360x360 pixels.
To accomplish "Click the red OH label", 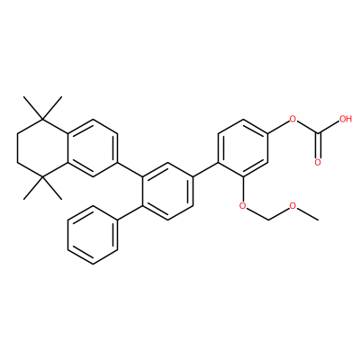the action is [x=345, y=119].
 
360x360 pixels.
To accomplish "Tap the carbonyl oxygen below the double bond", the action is [x=318, y=163].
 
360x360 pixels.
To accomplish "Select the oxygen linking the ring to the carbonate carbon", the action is [x=292, y=120].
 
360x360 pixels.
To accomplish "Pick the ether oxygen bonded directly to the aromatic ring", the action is [x=243, y=206].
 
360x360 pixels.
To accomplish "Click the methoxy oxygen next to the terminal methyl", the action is [x=292, y=206].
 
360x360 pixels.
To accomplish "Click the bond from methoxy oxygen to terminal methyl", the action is [x=308, y=214].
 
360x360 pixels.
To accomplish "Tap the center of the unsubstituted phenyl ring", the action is [x=93, y=235].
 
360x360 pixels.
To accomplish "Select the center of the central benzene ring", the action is [x=168, y=192].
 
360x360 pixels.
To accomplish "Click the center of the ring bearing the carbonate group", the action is [x=243, y=148].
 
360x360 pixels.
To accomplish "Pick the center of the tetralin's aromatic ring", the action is [x=93, y=148].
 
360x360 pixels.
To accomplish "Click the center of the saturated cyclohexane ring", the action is [x=42, y=148].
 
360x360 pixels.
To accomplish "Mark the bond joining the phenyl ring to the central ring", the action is [x=130, y=213].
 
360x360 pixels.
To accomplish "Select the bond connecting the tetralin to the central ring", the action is [x=130, y=170].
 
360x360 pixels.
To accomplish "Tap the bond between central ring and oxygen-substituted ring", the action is [x=205, y=170].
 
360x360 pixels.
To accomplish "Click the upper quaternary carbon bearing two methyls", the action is [x=42, y=120].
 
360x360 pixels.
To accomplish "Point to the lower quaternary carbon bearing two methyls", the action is [x=42, y=178].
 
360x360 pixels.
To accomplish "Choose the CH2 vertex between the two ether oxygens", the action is [x=268, y=220].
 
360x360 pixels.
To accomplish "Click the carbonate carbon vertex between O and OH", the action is [x=318, y=133].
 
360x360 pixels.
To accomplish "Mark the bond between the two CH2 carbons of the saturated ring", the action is [x=17, y=148].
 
